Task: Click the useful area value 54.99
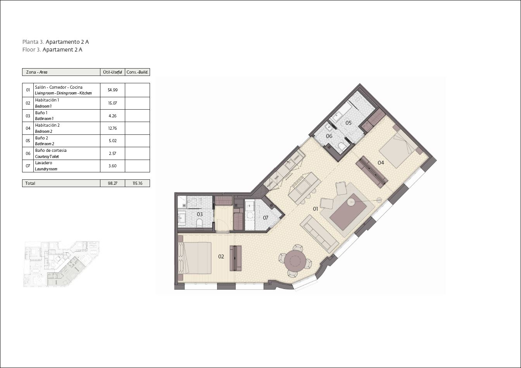click(x=112, y=90)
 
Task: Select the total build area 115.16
click(x=138, y=183)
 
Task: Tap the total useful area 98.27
click(x=112, y=183)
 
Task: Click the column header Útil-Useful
click(x=112, y=72)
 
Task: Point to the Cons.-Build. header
click(x=137, y=72)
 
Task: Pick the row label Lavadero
click(x=43, y=163)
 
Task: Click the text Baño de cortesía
click(x=51, y=150)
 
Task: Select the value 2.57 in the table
click(x=112, y=153)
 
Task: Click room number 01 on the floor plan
click(x=316, y=209)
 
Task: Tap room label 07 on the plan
click(x=266, y=218)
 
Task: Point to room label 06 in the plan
click(x=329, y=136)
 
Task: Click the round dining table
click(x=295, y=261)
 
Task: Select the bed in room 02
click(x=195, y=258)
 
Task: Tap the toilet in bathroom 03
click(x=200, y=224)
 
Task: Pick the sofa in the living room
click(x=319, y=234)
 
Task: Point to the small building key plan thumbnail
click(x=62, y=264)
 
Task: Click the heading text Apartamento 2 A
click(x=67, y=42)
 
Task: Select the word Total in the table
click(x=30, y=183)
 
